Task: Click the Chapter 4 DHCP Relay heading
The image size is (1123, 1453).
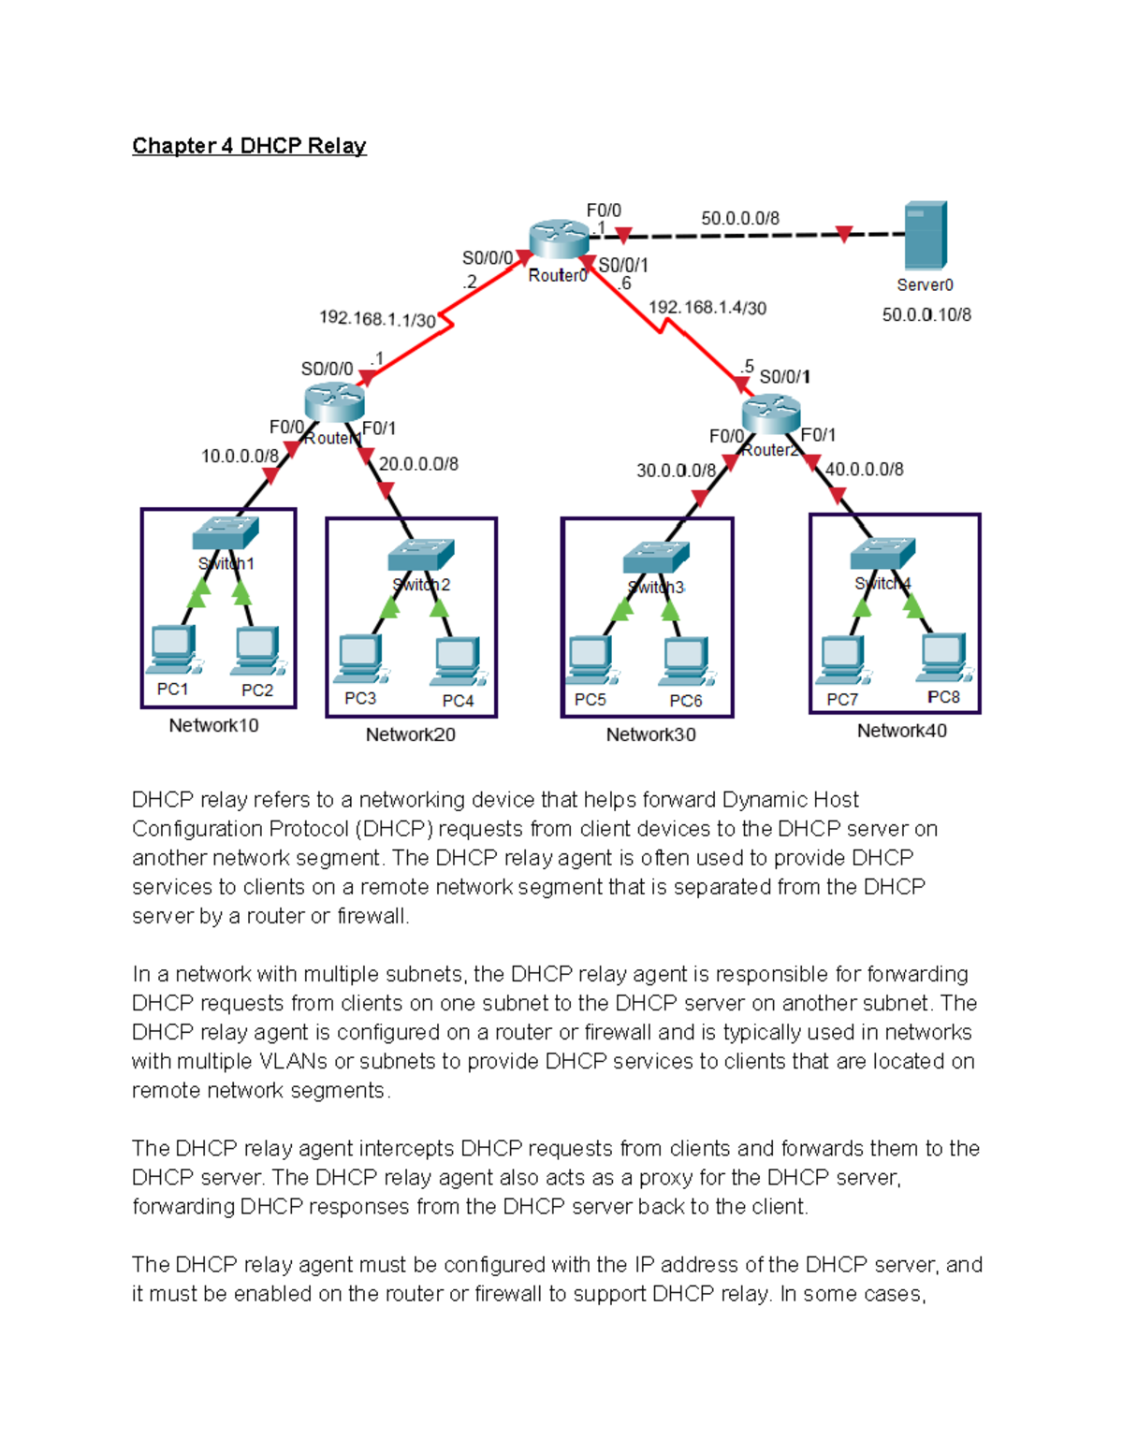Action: tap(249, 146)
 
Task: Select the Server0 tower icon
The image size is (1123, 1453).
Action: tap(926, 236)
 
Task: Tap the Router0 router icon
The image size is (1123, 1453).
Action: tap(558, 240)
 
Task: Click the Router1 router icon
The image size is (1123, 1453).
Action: tap(334, 402)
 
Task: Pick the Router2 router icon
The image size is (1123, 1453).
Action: tap(771, 414)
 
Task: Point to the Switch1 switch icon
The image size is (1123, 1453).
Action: tap(225, 533)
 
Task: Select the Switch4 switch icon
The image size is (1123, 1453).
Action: tap(882, 554)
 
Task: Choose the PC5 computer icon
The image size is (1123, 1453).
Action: tap(591, 661)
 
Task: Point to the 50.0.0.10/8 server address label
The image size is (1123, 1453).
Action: tap(926, 315)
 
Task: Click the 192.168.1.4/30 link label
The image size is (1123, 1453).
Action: tap(707, 308)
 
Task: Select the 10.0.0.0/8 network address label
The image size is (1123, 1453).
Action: tap(240, 457)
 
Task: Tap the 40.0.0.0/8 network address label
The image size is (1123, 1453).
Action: tap(864, 470)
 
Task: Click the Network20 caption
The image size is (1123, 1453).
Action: tap(410, 735)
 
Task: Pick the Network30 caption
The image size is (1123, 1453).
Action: tap(650, 735)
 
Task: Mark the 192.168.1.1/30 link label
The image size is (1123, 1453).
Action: tap(377, 319)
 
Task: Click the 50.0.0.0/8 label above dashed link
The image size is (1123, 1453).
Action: tap(740, 218)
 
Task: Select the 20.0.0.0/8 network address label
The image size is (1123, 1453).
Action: tap(418, 464)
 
